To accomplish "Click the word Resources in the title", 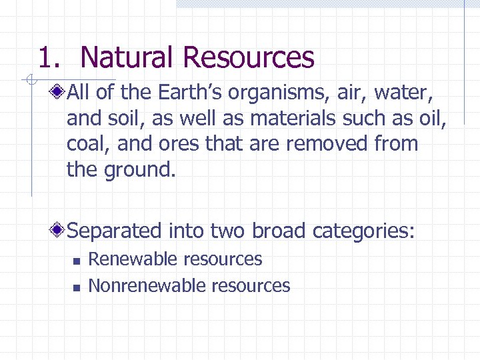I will pos(247,57).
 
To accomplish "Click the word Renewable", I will pos(132,259).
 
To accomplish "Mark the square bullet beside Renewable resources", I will pos(77,260).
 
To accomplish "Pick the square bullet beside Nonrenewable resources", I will pos(77,287).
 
